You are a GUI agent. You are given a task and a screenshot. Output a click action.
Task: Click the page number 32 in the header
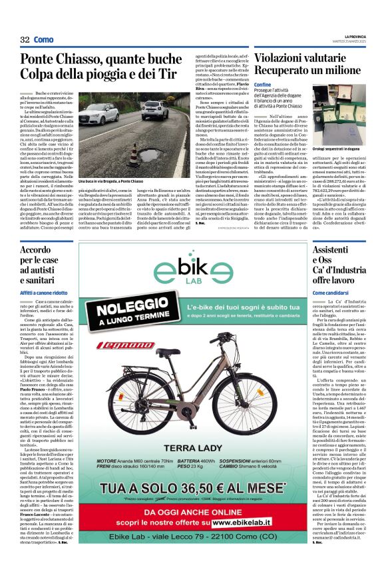(x=25, y=40)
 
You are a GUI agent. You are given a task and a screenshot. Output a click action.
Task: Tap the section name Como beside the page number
(x=43, y=40)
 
